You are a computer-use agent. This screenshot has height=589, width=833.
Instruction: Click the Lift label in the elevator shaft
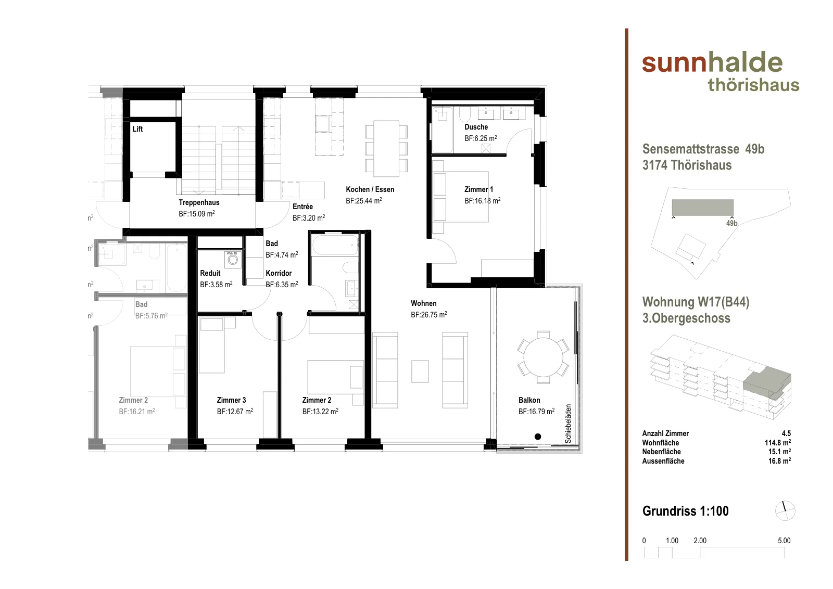pyautogui.click(x=137, y=129)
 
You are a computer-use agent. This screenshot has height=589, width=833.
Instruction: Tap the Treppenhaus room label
pyautogui.click(x=199, y=202)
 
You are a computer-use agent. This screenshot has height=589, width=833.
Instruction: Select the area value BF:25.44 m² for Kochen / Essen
pyautogui.click(x=364, y=201)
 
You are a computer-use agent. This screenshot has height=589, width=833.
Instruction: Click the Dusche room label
pyautogui.click(x=476, y=127)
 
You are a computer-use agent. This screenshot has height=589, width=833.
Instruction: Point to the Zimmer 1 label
pyautogui.click(x=478, y=189)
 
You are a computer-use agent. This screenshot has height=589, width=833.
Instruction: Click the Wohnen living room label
pyautogui.click(x=424, y=303)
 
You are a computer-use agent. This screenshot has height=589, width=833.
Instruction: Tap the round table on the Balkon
pyautogui.click(x=544, y=357)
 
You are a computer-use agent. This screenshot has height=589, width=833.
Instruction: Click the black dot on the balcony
pyautogui.click(x=538, y=437)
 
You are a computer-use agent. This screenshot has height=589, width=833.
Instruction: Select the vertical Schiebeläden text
pyautogui.click(x=568, y=424)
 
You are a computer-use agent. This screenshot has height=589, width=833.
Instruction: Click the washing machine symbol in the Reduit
pyautogui.click(x=233, y=259)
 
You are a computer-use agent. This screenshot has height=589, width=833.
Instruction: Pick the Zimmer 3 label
pyautogui.click(x=231, y=400)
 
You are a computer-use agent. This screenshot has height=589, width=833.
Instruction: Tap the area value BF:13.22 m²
pyautogui.click(x=320, y=412)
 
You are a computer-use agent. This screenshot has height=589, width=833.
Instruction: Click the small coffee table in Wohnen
pyautogui.click(x=420, y=371)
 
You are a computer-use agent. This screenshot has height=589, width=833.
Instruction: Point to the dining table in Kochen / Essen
pyautogui.click(x=386, y=148)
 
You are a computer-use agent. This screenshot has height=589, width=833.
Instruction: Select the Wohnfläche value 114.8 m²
pyautogui.click(x=778, y=443)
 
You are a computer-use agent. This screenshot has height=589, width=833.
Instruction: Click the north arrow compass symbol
pyautogui.click(x=785, y=510)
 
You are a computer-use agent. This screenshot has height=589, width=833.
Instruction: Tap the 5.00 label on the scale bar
pyautogui.click(x=784, y=541)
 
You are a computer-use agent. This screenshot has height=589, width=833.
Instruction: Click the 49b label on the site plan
pyautogui.click(x=731, y=223)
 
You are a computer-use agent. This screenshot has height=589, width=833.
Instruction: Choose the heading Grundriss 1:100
pyautogui.click(x=685, y=511)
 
